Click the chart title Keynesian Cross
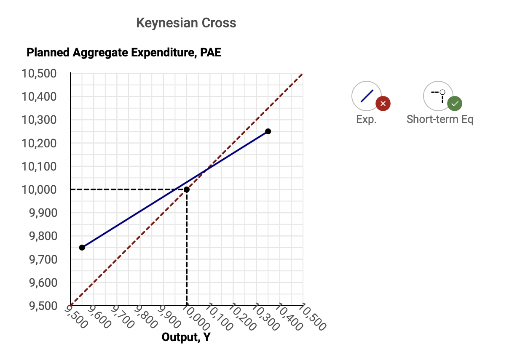(x=186, y=23)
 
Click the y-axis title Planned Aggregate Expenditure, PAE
(x=123, y=53)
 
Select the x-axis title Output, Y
(x=186, y=337)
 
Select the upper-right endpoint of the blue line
(x=268, y=131)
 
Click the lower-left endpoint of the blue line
(x=82, y=248)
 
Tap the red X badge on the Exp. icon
(x=383, y=104)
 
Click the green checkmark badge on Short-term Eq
(x=454, y=104)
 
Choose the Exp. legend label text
(x=366, y=120)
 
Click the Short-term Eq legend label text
(x=440, y=120)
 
